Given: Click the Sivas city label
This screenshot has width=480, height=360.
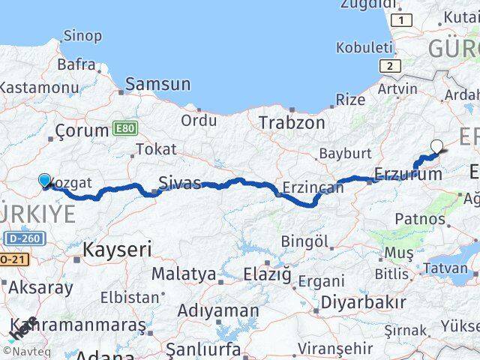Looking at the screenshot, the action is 179,181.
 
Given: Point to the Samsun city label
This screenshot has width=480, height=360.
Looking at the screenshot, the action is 157,85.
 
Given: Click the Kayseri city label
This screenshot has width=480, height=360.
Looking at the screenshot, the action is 118,249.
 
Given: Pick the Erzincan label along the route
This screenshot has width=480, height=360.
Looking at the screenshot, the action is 313,187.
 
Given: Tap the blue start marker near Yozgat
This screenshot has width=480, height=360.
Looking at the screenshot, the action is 44,181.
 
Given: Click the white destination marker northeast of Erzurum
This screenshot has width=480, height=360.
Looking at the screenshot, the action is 437,147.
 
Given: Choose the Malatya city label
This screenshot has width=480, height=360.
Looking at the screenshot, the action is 183,274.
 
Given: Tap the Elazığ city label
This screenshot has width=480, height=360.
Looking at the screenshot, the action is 267,274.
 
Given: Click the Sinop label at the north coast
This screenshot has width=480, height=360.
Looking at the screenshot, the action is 83,34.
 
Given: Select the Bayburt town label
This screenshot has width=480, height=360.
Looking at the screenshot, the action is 341,154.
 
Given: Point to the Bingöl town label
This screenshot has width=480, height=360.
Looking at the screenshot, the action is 304,241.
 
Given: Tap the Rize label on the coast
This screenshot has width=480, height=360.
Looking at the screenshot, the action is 350,100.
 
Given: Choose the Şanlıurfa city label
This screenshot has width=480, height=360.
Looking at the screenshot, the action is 202,349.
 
